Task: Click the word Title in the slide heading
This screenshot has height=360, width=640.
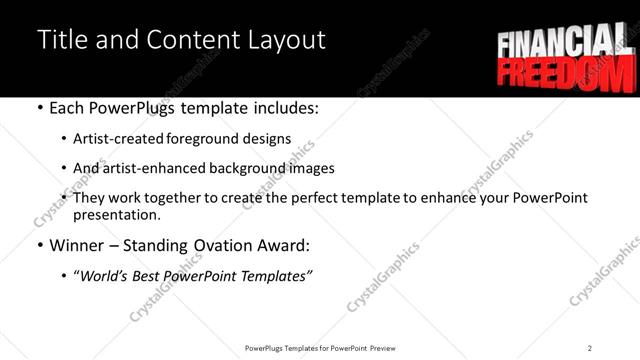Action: (59, 40)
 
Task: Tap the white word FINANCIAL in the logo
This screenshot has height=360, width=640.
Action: (561, 45)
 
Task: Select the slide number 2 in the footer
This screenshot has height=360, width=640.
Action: (589, 347)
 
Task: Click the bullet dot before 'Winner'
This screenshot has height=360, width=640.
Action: (39, 246)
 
